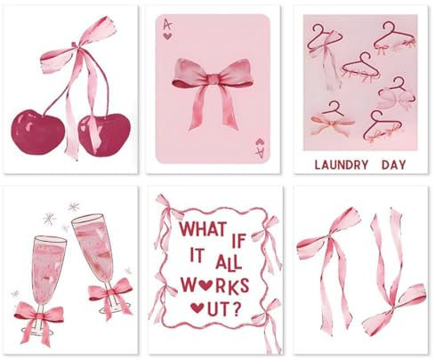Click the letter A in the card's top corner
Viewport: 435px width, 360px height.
click(166, 24)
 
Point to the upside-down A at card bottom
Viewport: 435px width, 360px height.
click(259, 151)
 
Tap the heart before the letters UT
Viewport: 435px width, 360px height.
click(197, 308)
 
